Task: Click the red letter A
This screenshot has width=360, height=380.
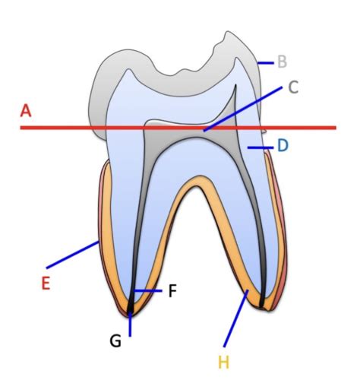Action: click(26, 111)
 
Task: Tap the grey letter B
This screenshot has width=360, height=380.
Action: click(283, 62)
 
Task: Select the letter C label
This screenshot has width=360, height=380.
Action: click(293, 87)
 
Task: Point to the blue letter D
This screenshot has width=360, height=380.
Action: click(283, 145)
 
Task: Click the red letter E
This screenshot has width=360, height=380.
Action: click(46, 283)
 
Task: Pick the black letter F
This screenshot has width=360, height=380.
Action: click(172, 290)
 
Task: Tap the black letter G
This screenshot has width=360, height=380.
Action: click(115, 340)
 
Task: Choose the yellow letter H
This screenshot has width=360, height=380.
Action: click(224, 363)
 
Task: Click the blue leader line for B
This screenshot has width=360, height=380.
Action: click(266, 62)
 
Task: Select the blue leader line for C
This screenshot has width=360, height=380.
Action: click(243, 109)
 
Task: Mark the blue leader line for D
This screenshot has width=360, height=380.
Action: click(261, 147)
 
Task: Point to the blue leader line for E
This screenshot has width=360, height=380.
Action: click(73, 255)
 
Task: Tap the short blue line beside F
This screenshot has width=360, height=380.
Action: click(148, 291)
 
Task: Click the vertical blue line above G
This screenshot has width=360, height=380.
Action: click(130, 325)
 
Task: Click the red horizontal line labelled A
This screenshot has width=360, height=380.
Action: click(178, 128)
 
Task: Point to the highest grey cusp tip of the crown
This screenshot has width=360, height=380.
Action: click(229, 32)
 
